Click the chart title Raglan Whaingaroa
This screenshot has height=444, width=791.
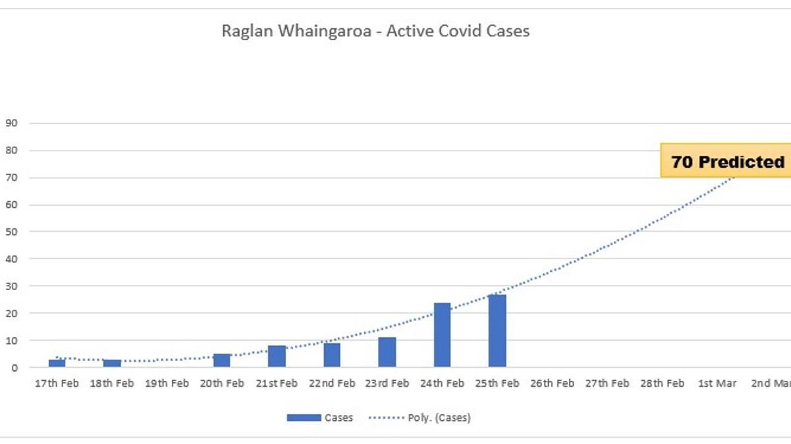click(375, 31)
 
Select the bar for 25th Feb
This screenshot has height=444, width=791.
click(497, 331)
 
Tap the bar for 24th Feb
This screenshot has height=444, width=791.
click(442, 335)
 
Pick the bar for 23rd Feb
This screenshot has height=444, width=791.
click(387, 352)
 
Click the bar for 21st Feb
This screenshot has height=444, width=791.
click(277, 356)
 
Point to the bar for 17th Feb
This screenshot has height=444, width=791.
click(57, 363)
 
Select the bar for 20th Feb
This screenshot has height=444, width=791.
click(222, 360)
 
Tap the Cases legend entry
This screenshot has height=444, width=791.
click(320, 418)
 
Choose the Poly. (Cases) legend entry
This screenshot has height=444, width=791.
click(420, 418)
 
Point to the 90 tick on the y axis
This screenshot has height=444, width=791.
click(11, 123)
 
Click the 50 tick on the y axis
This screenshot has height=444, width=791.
click(11, 232)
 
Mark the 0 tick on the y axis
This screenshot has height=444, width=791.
click(14, 368)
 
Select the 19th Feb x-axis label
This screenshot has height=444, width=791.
click(167, 383)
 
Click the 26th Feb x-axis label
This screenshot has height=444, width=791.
click(552, 383)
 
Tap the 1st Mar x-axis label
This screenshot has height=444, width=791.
click(717, 383)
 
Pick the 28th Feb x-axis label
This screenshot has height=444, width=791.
click(662, 383)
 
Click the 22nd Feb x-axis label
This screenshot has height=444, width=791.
click(332, 383)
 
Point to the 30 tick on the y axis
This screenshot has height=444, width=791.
click(11, 286)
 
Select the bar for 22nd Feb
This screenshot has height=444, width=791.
click(332, 355)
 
